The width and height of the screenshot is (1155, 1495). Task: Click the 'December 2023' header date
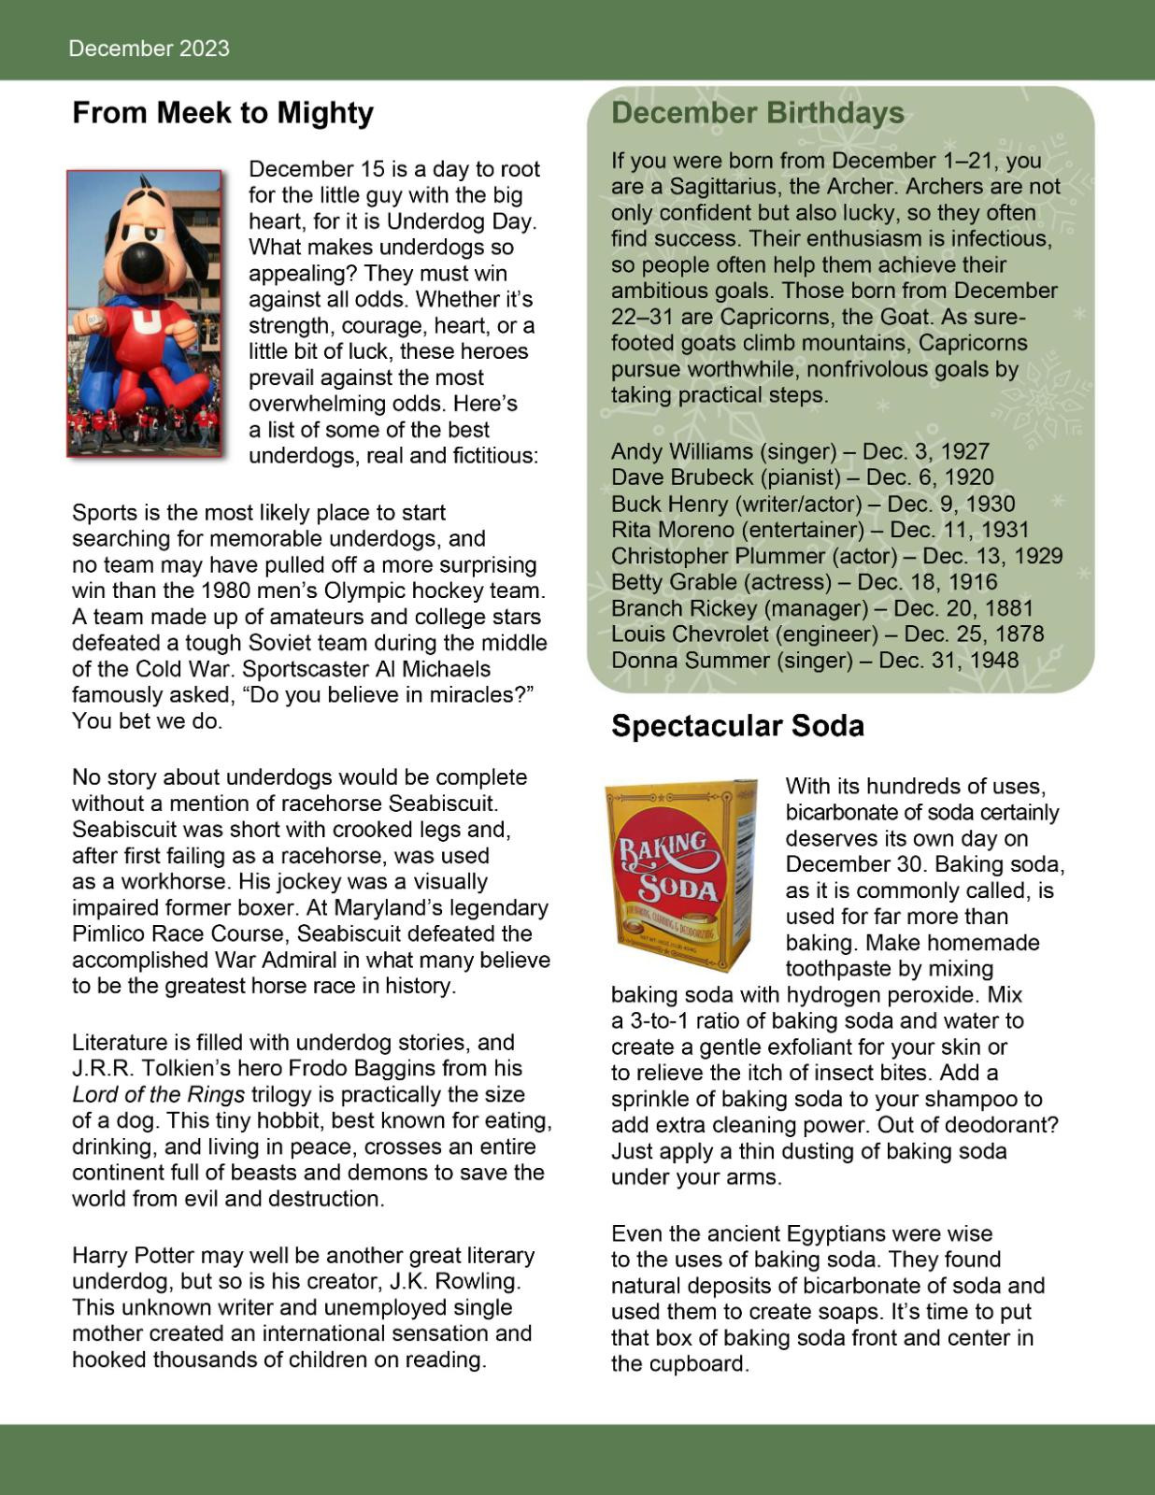pyautogui.click(x=149, y=49)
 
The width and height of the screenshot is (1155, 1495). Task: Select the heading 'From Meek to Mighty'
pyautogui.click(x=222, y=113)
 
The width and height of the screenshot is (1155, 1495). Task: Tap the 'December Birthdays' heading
pyautogui.click(x=757, y=113)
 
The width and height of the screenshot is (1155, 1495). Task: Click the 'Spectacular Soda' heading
pyautogui.click(x=737, y=726)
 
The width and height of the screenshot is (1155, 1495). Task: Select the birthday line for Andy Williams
pyautogui.click(x=800, y=451)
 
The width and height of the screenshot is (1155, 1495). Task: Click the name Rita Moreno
pyautogui.click(x=673, y=530)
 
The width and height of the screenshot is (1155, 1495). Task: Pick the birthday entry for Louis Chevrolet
pyautogui.click(x=827, y=634)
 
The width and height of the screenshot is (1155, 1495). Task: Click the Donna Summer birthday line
pyautogui.click(x=814, y=661)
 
